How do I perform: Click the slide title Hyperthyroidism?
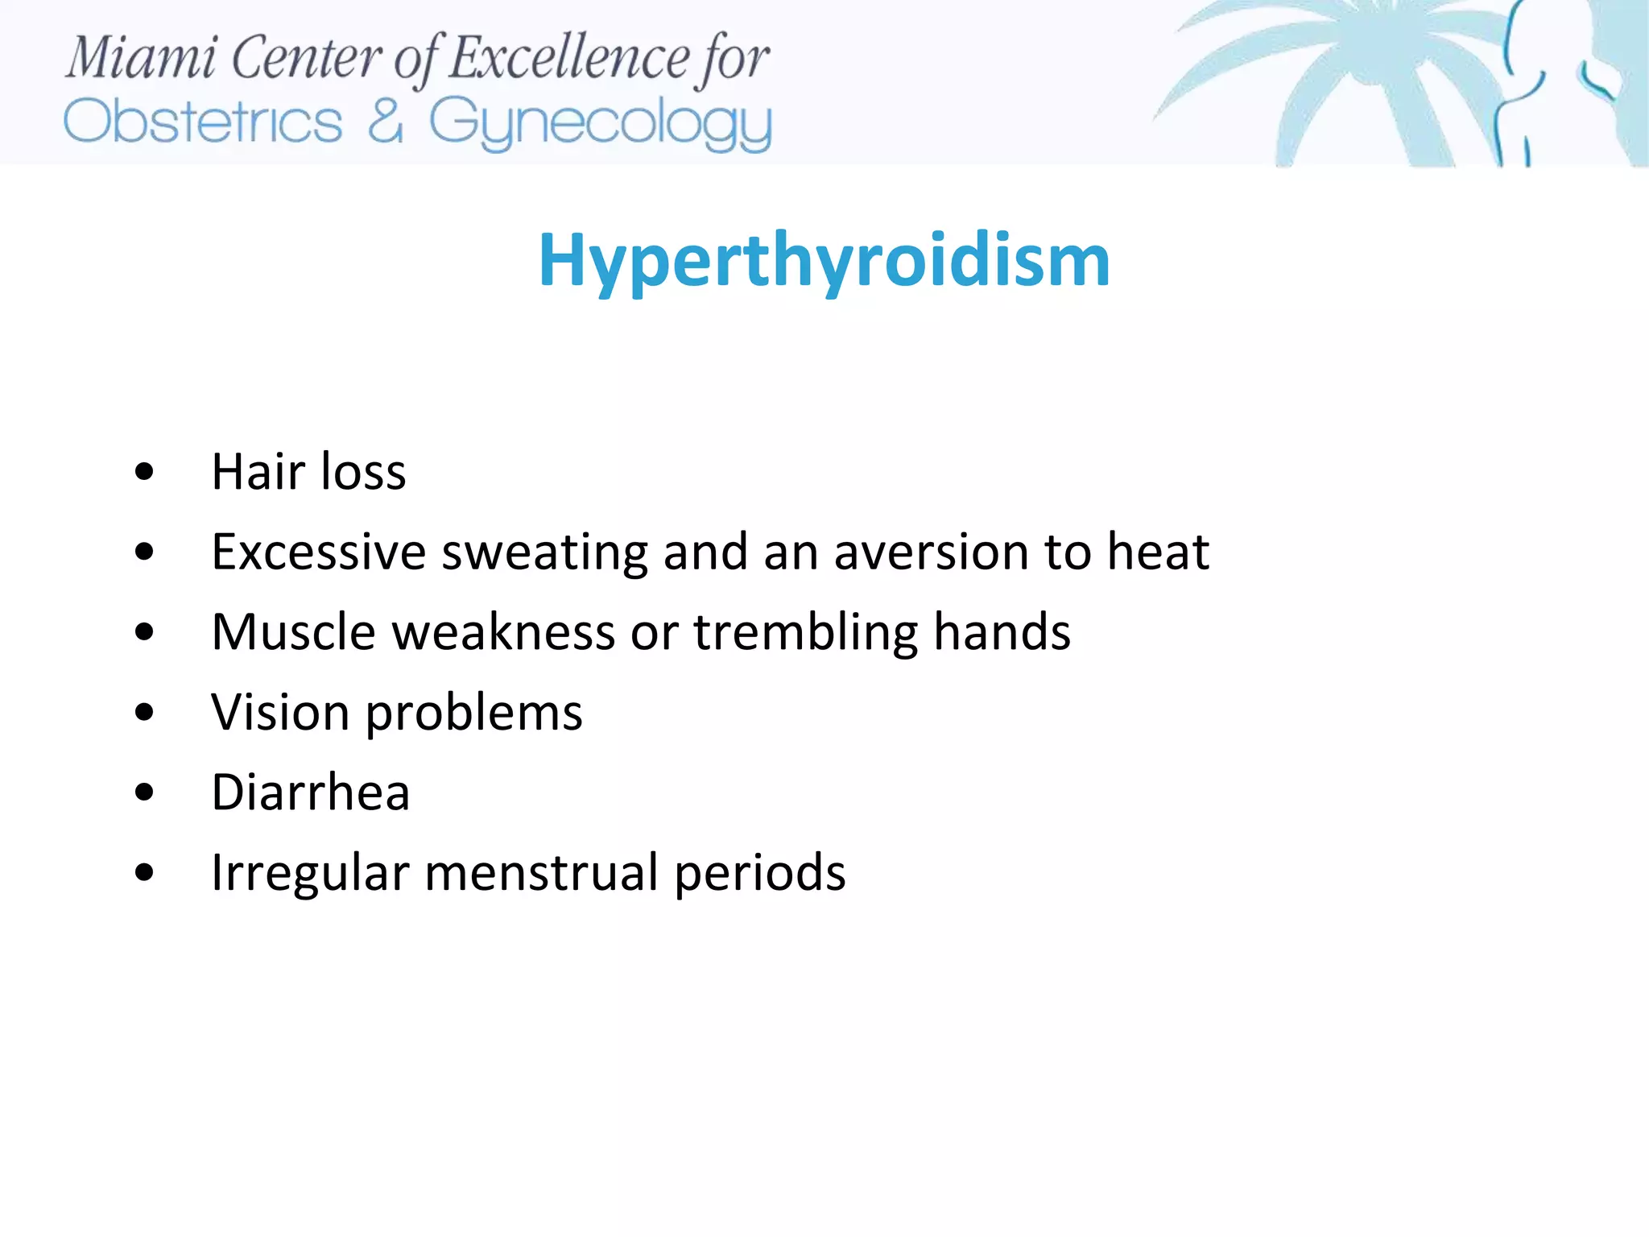coord(824,260)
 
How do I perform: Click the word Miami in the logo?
coord(141,58)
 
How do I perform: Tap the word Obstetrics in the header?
coord(203,122)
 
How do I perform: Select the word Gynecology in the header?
coord(600,122)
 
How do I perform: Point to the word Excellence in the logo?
coord(568,58)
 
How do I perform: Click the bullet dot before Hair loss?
coord(144,471)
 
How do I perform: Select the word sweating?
coord(544,552)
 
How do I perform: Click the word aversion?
coord(930,552)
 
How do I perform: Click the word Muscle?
coord(293,632)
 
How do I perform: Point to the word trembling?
coord(805,632)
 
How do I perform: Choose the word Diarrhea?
coord(311,792)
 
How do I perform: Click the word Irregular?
coord(310,873)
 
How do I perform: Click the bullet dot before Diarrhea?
coord(144,792)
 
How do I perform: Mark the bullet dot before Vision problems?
coord(144,713)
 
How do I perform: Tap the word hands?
coord(1002,632)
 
